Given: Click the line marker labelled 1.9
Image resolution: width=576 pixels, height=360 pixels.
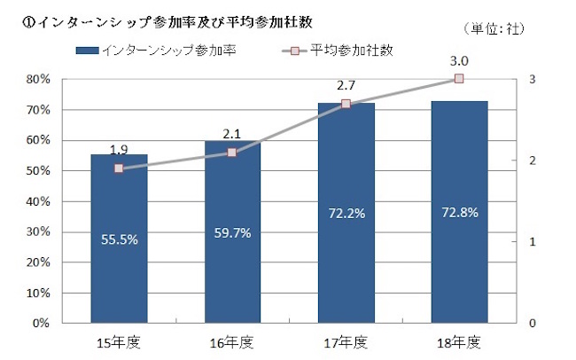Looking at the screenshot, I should tap(119, 168).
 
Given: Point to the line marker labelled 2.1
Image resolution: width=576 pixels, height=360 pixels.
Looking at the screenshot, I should tap(232, 153).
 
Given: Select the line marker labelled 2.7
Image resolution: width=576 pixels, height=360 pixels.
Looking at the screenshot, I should tap(346, 104).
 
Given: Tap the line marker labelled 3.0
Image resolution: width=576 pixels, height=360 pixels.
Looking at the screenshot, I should tap(459, 79).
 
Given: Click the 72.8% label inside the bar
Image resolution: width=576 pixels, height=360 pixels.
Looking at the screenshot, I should tap(459, 213).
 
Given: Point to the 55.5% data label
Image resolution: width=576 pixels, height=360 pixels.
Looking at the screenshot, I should tap(119, 239).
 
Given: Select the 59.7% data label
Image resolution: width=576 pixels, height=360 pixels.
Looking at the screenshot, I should tap(232, 233).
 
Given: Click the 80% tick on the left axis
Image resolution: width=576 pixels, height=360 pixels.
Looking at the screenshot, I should tap(39, 80).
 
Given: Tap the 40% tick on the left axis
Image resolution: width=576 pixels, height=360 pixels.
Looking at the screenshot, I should tap(39, 201).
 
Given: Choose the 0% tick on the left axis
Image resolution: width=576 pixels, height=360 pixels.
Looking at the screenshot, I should tap(42, 323).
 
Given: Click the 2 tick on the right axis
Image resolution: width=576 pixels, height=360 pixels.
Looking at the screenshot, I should tap(532, 160).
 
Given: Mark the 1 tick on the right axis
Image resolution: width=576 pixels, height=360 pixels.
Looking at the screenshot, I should tap(532, 242).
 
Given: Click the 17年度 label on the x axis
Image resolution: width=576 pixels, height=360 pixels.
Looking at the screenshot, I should tap(346, 341).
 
